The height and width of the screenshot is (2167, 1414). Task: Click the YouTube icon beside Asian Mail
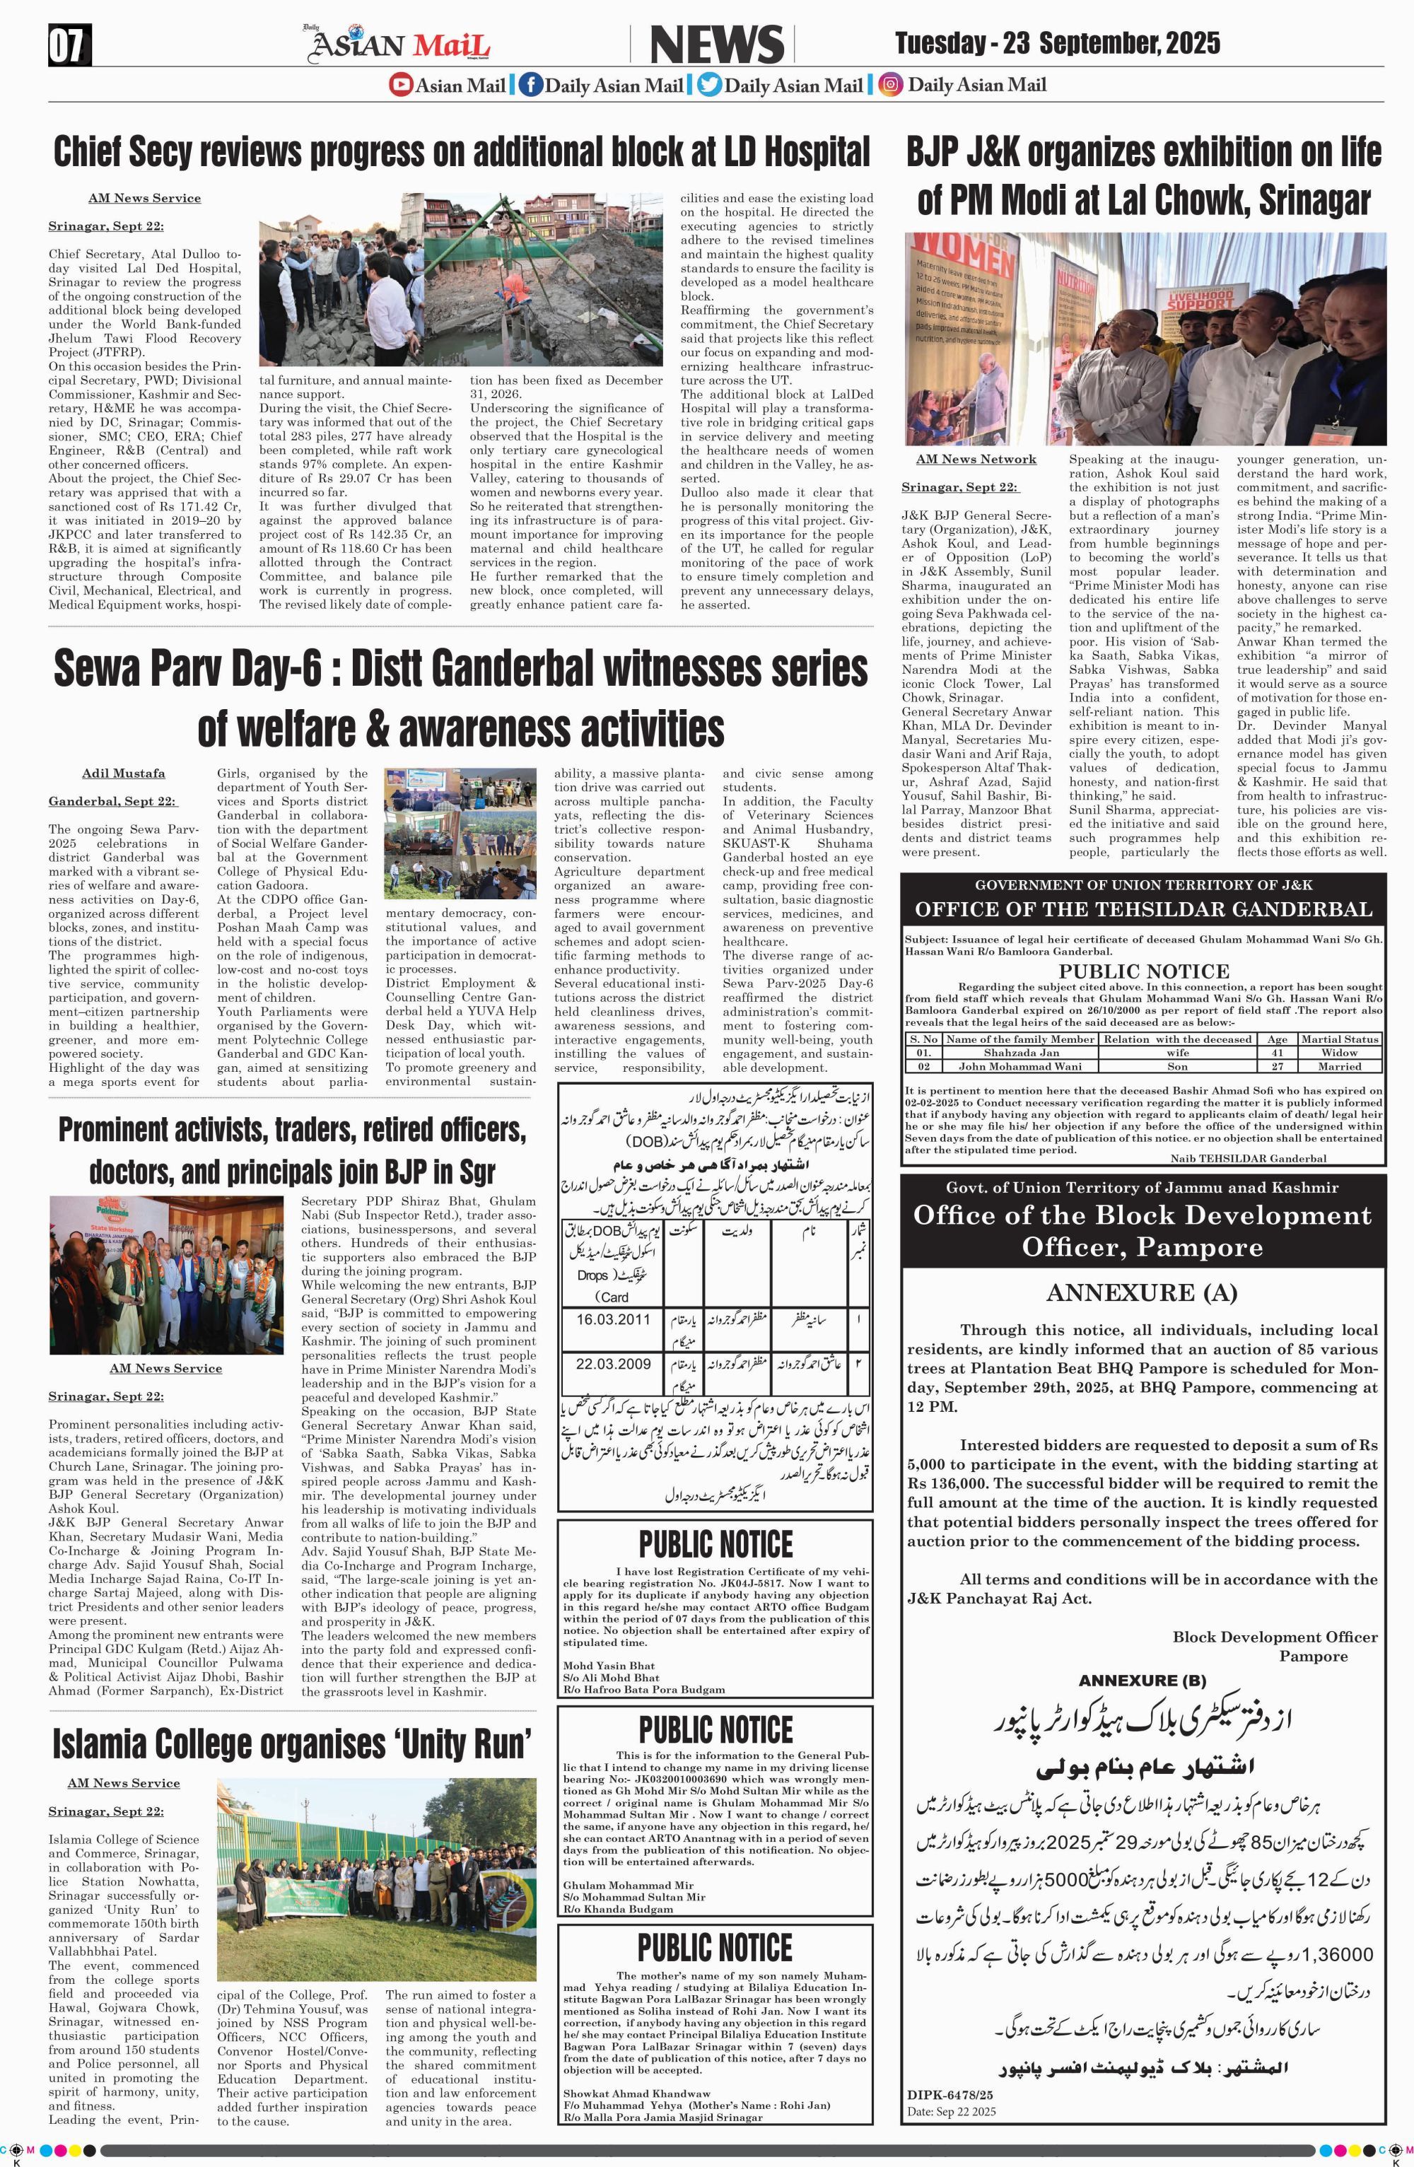pyautogui.click(x=401, y=86)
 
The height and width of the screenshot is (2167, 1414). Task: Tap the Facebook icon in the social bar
pyautogui.click(x=531, y=86)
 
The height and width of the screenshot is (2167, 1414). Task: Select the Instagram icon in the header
pyautogui.click(x=892, y=86)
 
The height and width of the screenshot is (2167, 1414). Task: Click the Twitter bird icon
pyautogui.click(x=709, y=86)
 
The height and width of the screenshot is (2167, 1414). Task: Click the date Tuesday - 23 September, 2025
pyautogui.click(x=1057, y=43)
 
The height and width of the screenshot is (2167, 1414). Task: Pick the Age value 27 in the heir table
pyautogui.click(x=1277, y=1065)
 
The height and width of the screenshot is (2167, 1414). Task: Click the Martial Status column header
pyautogui.click(x=1340, y=1038)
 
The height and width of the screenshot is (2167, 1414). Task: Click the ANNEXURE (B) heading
pyautogui.click(x=1143, y=1680)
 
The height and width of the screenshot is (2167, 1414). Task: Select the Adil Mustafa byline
pyautogui.click(x=124, y=773)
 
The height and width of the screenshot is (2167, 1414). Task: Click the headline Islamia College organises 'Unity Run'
pyautogui.click(x=291, y=1743)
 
